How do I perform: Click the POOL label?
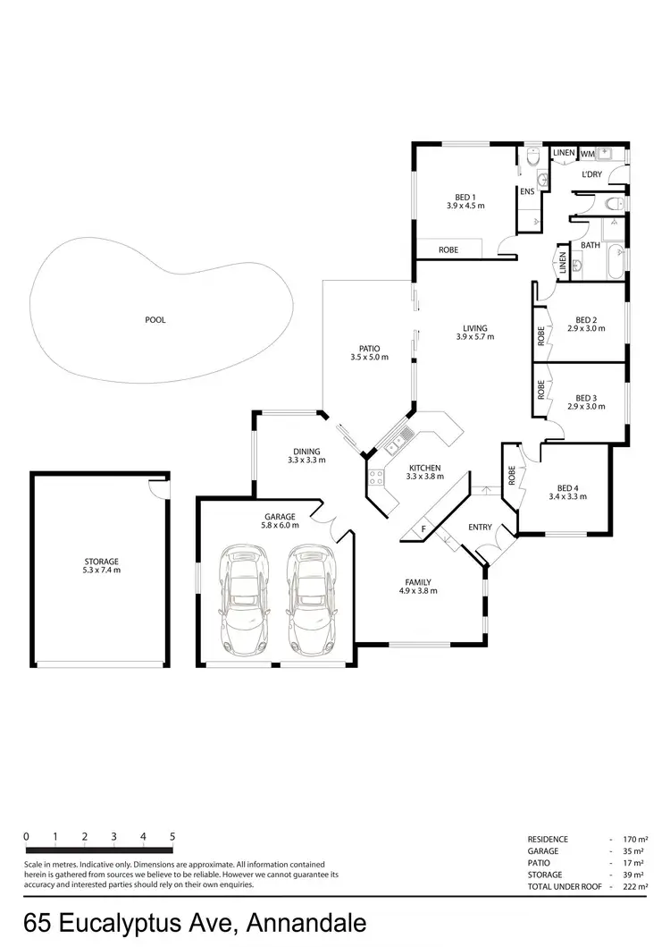click(x=155, y=319)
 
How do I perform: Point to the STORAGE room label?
click(x=101, y=562)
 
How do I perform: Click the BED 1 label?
click(x=465, y=198)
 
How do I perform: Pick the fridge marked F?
click(x=424, y=529)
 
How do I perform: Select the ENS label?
click(x=527, y=191)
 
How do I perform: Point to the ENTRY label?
click(x=480, y=527)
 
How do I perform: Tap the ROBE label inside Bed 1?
click(x=448, y=250)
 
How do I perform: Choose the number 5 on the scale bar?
click(x=172, y=836)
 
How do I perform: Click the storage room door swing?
click(x=157, y=487)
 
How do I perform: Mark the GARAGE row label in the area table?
click(x=543, y=850)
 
